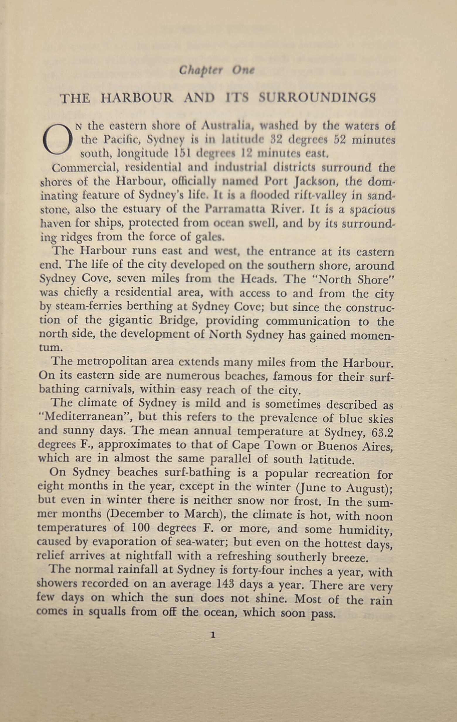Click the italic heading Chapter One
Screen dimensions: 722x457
click(216, 71)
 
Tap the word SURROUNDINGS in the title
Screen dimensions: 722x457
click(317, 98)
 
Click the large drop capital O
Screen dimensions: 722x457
click(58, 140)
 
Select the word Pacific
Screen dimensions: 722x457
click(121, 140)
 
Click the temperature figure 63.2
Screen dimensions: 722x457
click(382, 433)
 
